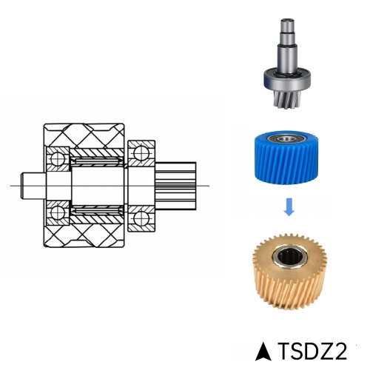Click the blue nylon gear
click(x=286, y=158)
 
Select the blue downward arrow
click(x=289, y=206)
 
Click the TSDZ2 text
click(x=313, y=351)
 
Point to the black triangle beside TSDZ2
click(x=263, y=351)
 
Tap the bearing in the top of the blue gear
click(x=286, y=138)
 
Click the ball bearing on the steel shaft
click(x=286, y=79)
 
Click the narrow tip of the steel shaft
click(x=287, y=25)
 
